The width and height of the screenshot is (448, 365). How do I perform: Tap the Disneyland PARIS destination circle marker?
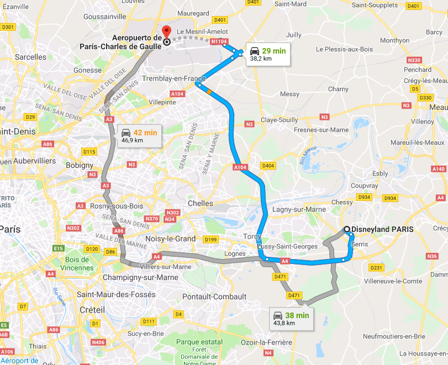346,230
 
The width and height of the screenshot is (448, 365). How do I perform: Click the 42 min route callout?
139,136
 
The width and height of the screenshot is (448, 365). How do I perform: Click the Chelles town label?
201,203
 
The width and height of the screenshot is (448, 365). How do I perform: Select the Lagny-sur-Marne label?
299,209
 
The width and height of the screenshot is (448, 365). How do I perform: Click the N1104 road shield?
219,41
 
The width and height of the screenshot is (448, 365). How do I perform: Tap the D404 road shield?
268,166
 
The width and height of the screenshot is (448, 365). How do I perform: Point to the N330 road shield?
413,60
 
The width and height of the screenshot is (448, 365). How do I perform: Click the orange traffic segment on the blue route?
209,91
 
